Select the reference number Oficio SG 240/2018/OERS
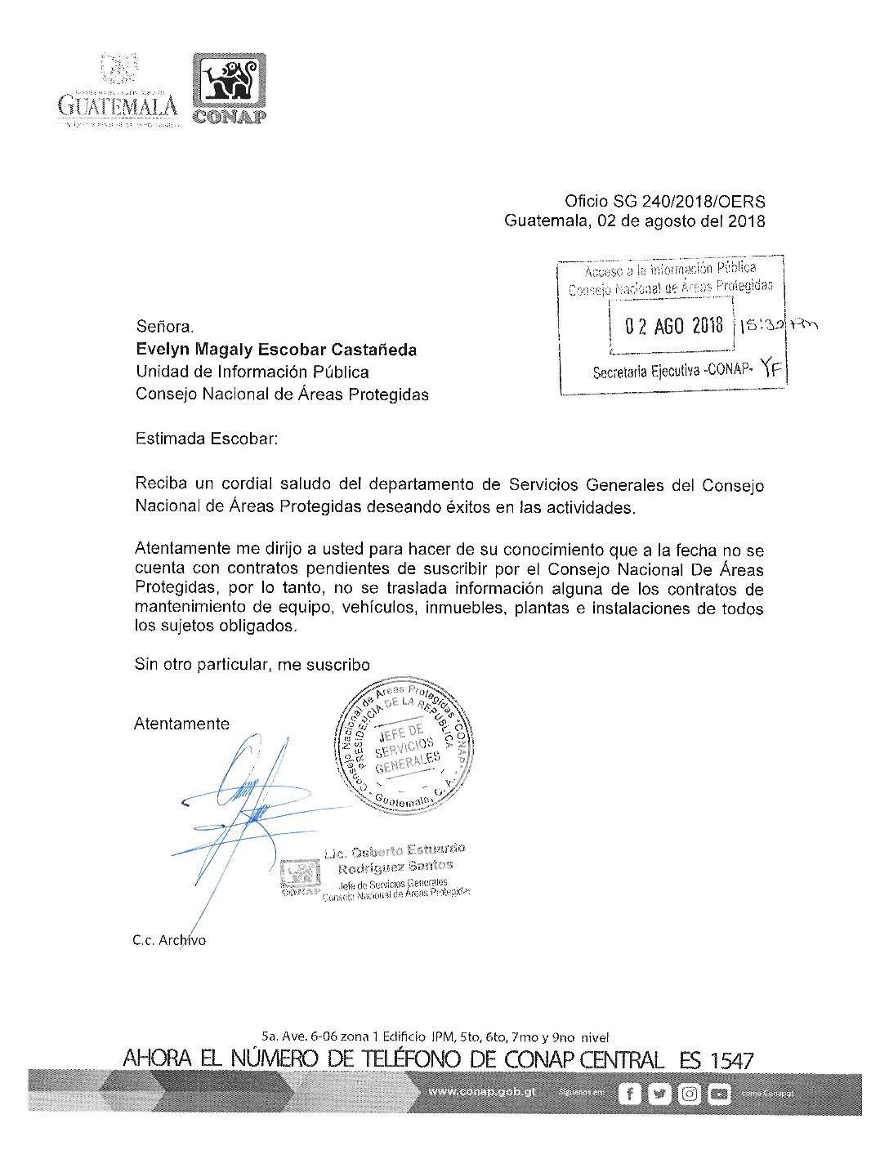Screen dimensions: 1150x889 pyautogui.click(x=664, y=201)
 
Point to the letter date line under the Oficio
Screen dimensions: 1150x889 pyautogui.click(x=634, y=221)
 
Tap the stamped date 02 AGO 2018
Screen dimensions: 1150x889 pyautogui.click(x=673, y=326)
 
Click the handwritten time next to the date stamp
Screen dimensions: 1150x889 pyautogui.click(x=776, y=325)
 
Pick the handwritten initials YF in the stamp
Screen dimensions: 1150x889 pyautogui.click(x=771, y=369)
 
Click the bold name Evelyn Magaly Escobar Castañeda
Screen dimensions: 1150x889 pyautogui.click(x=276, y=350)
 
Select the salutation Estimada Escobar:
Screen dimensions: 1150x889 pyautogui.click(x=207, y=439)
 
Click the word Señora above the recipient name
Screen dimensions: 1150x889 pyautogui.click(x=165, y=327)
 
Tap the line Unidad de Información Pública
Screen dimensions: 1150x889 pyautogui.click(x=252, y=372)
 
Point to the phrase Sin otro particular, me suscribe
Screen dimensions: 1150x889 pyautogui.click(x=252, y=665)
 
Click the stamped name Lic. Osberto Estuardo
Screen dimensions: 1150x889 pyautogui.click(x=395, y=852)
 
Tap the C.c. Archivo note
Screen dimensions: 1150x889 pyautogui.click(x=169, y=940)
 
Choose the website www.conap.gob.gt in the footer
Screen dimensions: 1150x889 pyautogui.click(x=481, y=1092)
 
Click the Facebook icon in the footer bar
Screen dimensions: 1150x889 pyautogui.click(x=629, y=1094)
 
